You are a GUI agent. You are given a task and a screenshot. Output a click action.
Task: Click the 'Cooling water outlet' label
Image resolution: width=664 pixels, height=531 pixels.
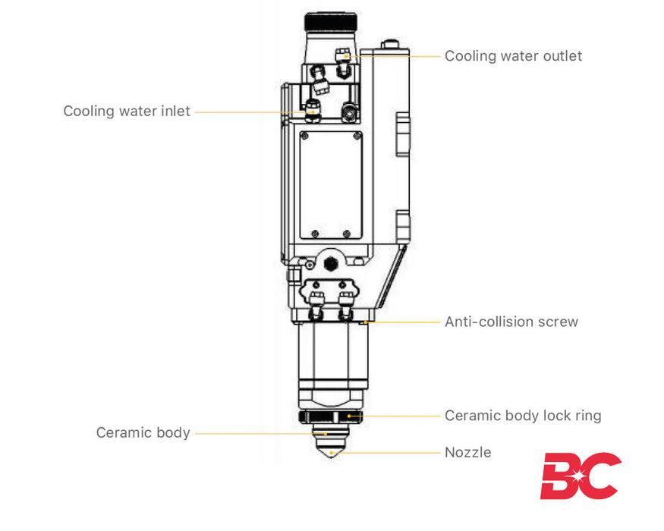pyautogui.click(x=513, y=56)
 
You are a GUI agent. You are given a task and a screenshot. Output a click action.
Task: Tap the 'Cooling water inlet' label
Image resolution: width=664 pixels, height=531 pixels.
pyautogui.click(x=127, y=112)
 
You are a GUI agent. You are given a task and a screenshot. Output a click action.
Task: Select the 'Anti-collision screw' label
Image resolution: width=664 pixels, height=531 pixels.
pyautogui.click(x=511, y=322)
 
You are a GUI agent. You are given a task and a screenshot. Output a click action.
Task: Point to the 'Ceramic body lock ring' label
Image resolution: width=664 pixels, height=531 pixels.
pyautogui.click(x=522, y=416)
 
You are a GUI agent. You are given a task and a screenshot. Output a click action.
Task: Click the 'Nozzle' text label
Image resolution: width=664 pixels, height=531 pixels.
pyautogui.click(x=467, y=453)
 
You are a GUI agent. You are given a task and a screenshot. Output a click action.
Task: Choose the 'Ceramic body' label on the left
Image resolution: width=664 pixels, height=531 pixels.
pyautogui.click(x=143, y=433)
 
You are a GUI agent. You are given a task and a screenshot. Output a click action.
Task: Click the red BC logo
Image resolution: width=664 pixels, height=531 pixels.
pyautogui.click(x=580, y=476)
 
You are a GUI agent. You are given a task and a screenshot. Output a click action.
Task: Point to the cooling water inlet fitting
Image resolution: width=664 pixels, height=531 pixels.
pyautogui.click(x=312, y=112)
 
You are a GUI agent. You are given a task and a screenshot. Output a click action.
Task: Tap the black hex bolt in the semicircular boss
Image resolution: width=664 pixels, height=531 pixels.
pyautogui.click(x=331, y=263)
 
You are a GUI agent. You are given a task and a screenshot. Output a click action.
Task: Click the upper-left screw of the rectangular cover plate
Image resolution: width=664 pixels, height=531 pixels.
pyautogui.click(x=304, y=137)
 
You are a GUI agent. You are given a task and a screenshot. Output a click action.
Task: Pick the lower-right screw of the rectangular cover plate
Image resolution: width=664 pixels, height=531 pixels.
pyautogui.click(x=347, y=234)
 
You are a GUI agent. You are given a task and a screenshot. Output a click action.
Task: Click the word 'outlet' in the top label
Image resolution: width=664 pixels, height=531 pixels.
pyautogui.click(x=562, y=56)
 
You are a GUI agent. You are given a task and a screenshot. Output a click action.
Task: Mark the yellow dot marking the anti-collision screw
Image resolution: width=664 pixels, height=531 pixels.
pyautogui.click(x=367, y=322)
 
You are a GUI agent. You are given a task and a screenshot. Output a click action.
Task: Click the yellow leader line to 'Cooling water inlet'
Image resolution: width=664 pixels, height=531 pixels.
pyautogui.click(x=250, y=112)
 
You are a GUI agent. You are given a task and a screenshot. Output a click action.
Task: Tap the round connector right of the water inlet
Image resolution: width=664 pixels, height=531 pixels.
pyautogui.click(x=348, y=112)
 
